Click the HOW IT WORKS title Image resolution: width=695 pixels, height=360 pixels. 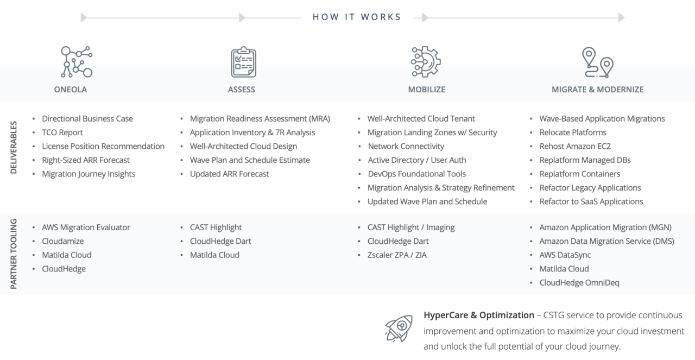tap(357, 17)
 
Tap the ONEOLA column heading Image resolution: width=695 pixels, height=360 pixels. tap(71, 90)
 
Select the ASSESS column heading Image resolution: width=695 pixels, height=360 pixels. tap(242, 90)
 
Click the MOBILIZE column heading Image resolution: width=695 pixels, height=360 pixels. tap(427, 90)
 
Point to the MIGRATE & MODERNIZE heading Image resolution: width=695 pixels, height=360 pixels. tap(598, 90)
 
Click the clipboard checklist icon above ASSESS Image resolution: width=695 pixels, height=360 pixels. tap(243, 62)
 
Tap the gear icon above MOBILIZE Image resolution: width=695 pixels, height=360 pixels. tap(426, 61)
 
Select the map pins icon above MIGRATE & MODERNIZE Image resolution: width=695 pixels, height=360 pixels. tap(597, 62)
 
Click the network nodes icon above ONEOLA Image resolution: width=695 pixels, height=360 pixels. tap(77, 61)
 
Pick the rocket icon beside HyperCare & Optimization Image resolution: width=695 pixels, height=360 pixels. tap(399, 328)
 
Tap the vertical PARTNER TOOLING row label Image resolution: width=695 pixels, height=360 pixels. tap(14, 254)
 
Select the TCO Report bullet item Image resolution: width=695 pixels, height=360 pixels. tap(62, 132)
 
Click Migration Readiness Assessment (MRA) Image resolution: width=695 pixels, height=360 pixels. tap(260, 118)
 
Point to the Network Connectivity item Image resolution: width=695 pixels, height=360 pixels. tap(406, 146)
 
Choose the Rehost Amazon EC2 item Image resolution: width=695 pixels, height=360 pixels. tap(575, 146)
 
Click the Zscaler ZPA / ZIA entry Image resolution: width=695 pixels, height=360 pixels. tap(397, 255)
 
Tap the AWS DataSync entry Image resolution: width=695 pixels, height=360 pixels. tap(565, 255)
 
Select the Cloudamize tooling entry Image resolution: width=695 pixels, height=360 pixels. tap(63, 241)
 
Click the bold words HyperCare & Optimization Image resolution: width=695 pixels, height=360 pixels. tap(479, 315)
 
